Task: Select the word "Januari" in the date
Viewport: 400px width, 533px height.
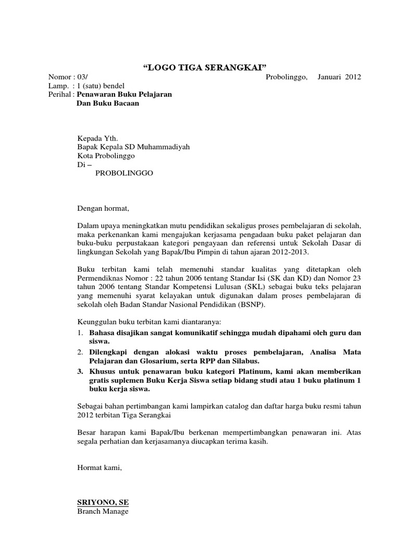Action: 329,77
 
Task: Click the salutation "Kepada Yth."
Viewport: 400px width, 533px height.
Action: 97,138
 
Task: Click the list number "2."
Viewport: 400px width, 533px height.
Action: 81,352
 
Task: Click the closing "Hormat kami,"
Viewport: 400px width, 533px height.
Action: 99,468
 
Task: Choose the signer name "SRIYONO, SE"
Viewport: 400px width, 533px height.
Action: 103,502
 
